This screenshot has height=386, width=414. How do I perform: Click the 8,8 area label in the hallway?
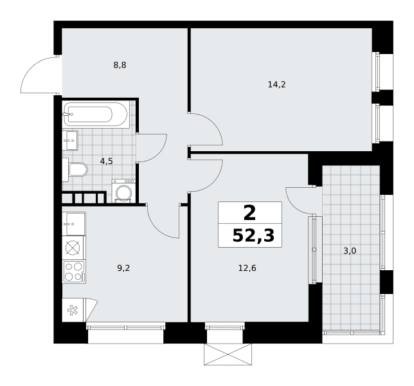click(120, 65)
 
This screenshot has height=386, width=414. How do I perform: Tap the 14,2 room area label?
click(276, 84)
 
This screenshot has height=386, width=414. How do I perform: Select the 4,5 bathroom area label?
click(107, 161)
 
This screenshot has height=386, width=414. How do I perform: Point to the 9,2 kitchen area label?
click(123, 268)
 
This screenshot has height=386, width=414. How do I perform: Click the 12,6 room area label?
click(248, 268)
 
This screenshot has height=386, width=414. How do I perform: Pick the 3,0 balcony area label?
click(350, 251)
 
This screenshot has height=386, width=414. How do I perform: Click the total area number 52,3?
click(253, 235)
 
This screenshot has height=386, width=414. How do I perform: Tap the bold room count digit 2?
click(250, 213)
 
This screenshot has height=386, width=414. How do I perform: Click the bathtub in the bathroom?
click(96, 115)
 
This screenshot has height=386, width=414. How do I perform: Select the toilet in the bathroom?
click(75, 170)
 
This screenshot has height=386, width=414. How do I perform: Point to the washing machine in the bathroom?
click(123, 191)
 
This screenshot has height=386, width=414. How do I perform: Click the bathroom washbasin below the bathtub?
click(70, 140)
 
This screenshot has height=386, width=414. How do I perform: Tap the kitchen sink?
click(74, 224)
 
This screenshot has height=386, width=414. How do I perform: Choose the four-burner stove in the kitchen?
click(74, 272)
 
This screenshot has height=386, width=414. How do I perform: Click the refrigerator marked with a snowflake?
click(73, 310)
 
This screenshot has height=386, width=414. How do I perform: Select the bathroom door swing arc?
click(159, 154)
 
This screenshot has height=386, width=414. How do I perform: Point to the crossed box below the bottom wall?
click(228, 354)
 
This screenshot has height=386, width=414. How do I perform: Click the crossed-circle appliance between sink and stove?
click(73, 248)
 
